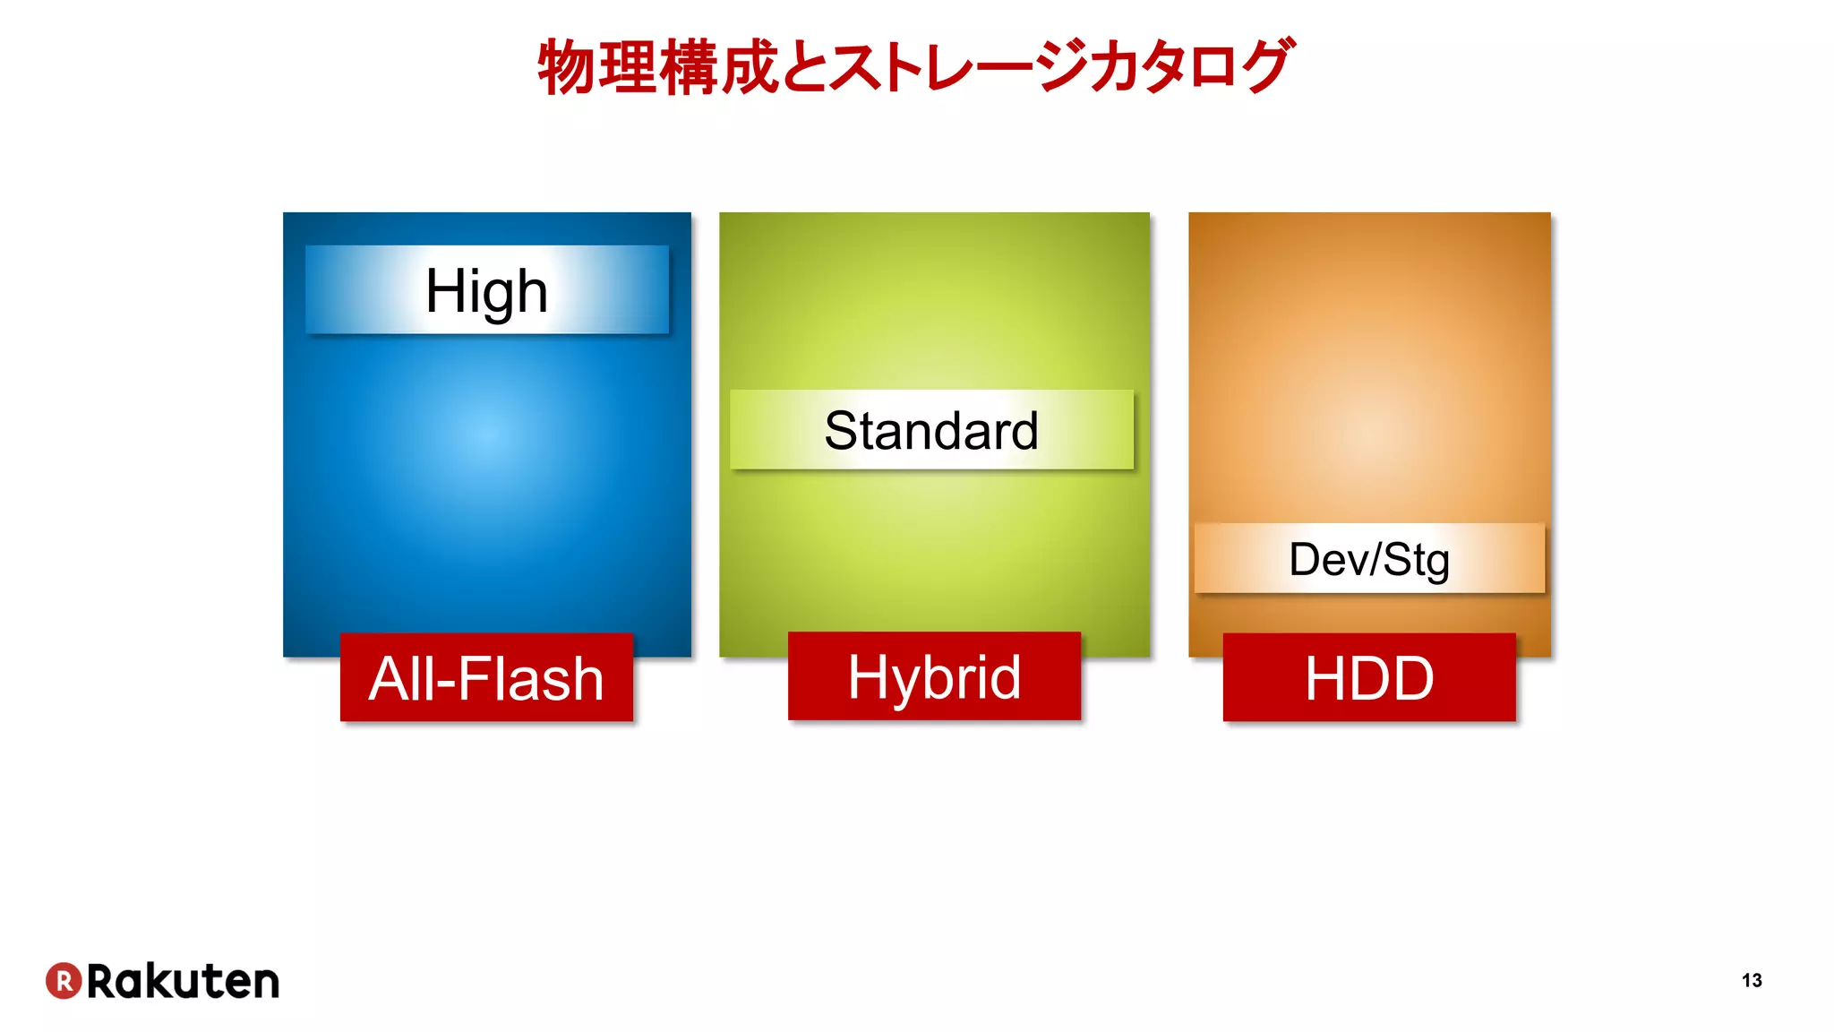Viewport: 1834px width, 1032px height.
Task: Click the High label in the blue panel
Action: point(486,290)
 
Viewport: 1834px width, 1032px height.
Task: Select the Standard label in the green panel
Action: point(931,430)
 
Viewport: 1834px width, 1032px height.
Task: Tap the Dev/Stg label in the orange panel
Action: point(1369,559)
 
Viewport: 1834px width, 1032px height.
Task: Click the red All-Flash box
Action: point(486,677)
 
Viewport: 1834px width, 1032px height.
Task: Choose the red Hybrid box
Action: point(934,676)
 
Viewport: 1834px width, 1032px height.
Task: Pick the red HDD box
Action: point(1369,677)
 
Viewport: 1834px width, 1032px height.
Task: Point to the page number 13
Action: point(1752,980)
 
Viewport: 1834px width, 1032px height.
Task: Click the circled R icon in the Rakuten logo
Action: point(64,980)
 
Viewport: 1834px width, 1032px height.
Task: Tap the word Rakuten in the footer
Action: point(184,981)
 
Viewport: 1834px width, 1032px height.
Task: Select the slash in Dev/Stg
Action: point(1375,559)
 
